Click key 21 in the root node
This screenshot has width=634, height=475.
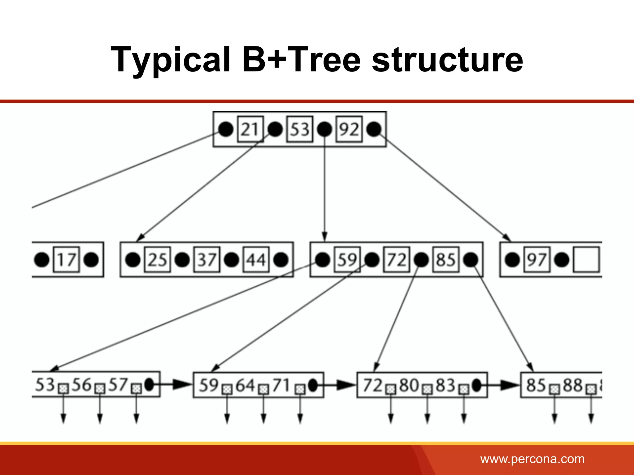point(250,129)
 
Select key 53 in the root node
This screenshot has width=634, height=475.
point(300,129)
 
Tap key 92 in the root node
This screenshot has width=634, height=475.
point(349,129)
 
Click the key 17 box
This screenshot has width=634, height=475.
point(67,259)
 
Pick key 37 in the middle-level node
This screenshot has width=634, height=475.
point(207,259)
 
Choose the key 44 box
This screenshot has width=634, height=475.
point(256,259)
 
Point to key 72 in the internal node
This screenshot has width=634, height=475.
point(397,259)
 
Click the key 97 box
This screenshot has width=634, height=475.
point(537,259)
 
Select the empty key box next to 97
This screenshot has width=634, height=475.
point(586,259)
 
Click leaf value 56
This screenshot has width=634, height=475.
point(82,385)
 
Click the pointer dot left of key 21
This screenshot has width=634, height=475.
point(226,129)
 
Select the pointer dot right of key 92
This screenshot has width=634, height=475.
point(374,129)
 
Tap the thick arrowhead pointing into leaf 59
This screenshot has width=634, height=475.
point(183,385)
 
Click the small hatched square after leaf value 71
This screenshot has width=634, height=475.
point(300,389)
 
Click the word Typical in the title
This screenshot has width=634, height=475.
point(171,59)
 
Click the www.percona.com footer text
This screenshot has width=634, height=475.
point(532,459)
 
